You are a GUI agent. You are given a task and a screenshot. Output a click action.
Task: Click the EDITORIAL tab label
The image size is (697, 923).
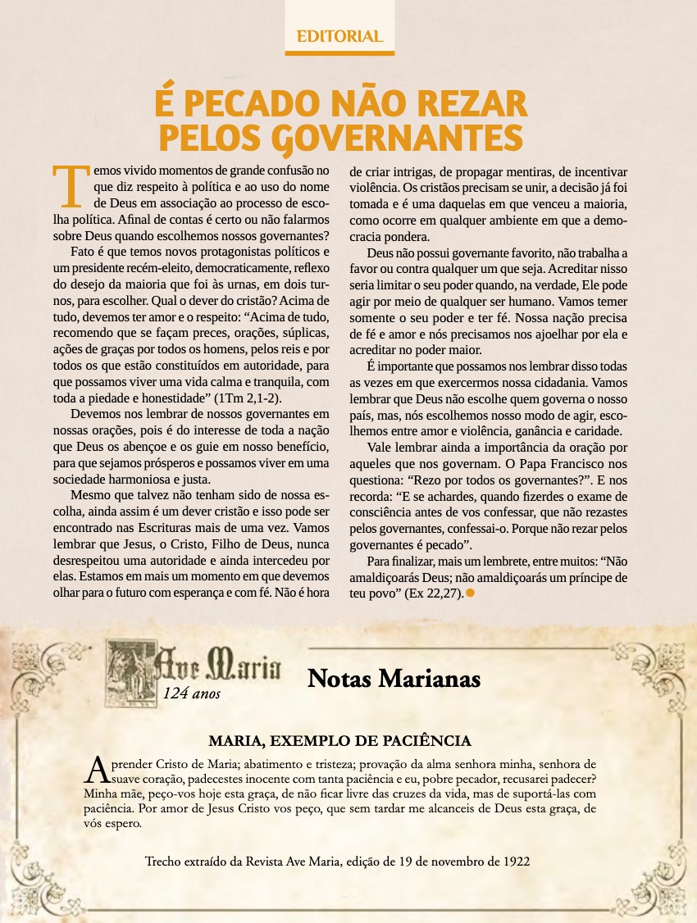[x=339, y=36]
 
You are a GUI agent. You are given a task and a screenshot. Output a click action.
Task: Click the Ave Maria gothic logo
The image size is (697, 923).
[x=194, y=669]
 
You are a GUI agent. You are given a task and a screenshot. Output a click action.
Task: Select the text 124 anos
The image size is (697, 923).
[x=192, y=693]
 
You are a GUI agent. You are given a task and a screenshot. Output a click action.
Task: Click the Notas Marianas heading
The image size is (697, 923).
[x=394, y=679]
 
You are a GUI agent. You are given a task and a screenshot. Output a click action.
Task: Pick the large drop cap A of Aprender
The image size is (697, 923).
[x=96, y=769]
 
